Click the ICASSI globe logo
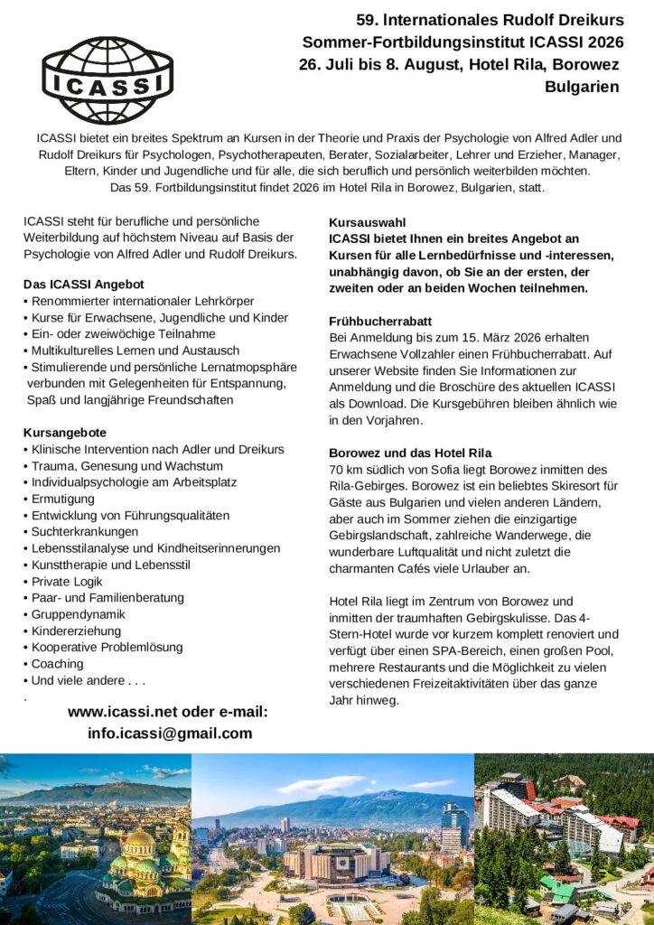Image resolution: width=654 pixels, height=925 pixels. (x=107, y=80)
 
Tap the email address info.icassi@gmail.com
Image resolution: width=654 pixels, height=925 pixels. (x=170, y=733)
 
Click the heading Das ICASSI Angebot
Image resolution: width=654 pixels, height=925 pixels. (x=84, y=284)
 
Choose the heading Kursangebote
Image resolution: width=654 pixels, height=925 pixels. (x=65, y=433)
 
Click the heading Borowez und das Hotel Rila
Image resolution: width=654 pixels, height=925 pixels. (x=410, y=453)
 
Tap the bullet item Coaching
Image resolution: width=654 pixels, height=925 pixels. (x=57, y=663)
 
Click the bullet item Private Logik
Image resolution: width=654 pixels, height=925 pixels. (x=70, y=582)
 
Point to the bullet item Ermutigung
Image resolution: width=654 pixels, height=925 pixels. (x=62, y=499)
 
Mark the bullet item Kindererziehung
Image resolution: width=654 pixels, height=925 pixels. (x=76, y=631)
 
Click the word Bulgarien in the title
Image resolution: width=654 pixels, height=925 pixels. (x=582, y=88)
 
